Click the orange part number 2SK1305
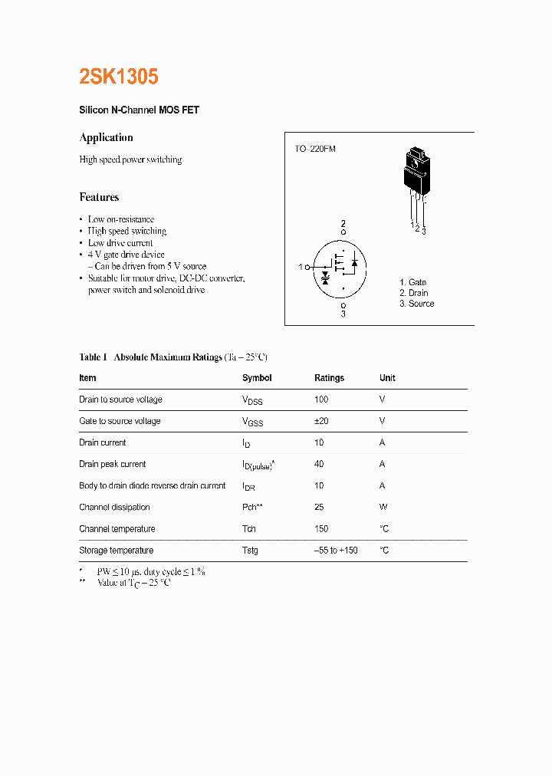tap(119, 77)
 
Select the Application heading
tap(106, 137)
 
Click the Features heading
tap(99, 197)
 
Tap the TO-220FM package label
tap(315, 149)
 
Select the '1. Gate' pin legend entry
tap(412, 282)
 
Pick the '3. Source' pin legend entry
tap(416, 304)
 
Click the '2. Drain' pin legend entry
tap(413, 293)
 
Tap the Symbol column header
tap(257, 378)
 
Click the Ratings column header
tap(329, 378)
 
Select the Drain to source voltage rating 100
tap(321, 400)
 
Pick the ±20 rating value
tap(321, 421)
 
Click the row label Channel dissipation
tap(114, 507)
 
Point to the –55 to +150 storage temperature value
tap(336, 551)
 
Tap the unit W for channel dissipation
tap(383, 507)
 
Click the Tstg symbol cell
tap(250, 551)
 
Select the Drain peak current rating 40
tap(319, 464)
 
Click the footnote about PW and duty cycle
tap(150, 571)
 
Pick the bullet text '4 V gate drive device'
tap(126, 255)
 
